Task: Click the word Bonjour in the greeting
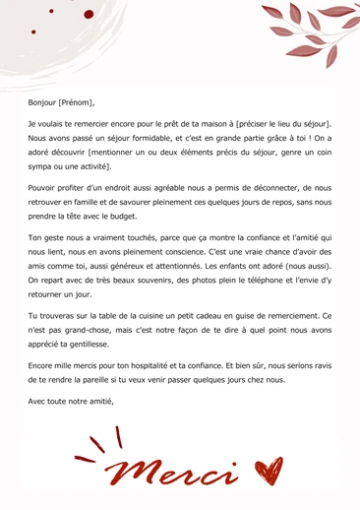pos(42,101)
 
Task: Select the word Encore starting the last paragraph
pos(43,363)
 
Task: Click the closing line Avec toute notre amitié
pos(71,401)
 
